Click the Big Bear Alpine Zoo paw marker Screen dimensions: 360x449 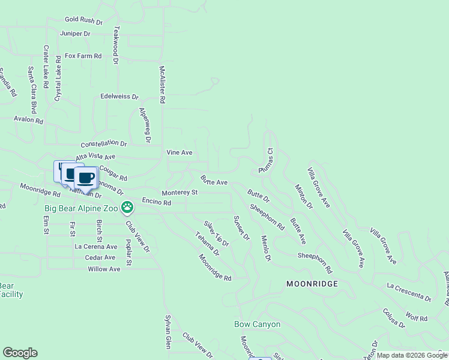pyautogui.click(x=127, y=208)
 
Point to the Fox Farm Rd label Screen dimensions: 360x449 pyautogui.click(x=83, y=56)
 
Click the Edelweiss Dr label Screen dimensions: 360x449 pyautogui.click(x=119, y=96)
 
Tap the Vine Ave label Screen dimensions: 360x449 pyautogui.click(x=179, y=152)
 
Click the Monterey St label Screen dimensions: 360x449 pyautogui.click(x=179, y=193)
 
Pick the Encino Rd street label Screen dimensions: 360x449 pyautogui.click(x=157, y=202)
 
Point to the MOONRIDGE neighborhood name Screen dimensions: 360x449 pyautogui.click(x=312, y=283)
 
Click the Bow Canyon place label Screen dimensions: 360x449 pyautogui.click(x=257, y=324)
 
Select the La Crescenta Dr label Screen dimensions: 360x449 pyautogui.click(x=409, y=291)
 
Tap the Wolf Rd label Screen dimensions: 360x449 pyautogui.click(x=416, y=316)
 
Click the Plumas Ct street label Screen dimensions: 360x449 pyautogui.click(x=265, y=161)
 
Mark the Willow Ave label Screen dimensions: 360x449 pyautogui.click(x=104, y=269)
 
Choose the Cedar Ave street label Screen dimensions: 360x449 pyautogui.click(x=100, y=257)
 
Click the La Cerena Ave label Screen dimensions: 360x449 pyautogui.click(x=96, y=246)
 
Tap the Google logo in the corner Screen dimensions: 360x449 pyautogui.click(x=20, y=353)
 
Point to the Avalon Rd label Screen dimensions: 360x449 pyautogui.click(x=29, y=120)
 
